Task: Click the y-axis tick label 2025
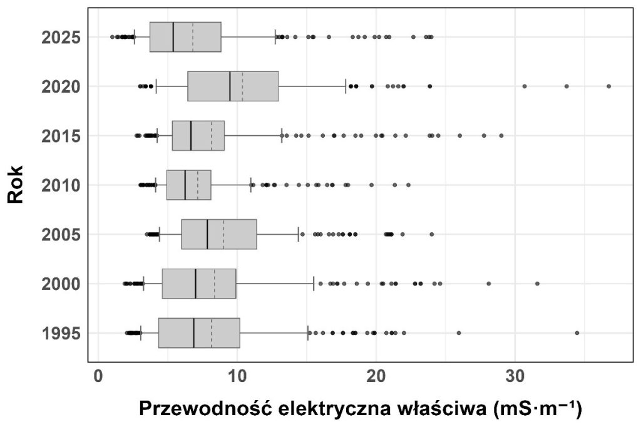pos(61,38)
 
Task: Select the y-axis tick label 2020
pos(61,86)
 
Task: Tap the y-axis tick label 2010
pos(61,185)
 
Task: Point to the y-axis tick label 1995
pos(61,333)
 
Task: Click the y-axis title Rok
pos(17,184)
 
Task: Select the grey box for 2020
pos(233,86)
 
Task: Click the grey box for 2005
pos(219,234)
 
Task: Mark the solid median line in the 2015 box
pos(191,136)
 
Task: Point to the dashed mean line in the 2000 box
pos(215,284)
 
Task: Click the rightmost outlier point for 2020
pos(608,86)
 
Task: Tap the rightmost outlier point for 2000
pos(537,284)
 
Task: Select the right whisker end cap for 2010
pos(251,185)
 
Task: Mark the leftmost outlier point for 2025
pos(112,37)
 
